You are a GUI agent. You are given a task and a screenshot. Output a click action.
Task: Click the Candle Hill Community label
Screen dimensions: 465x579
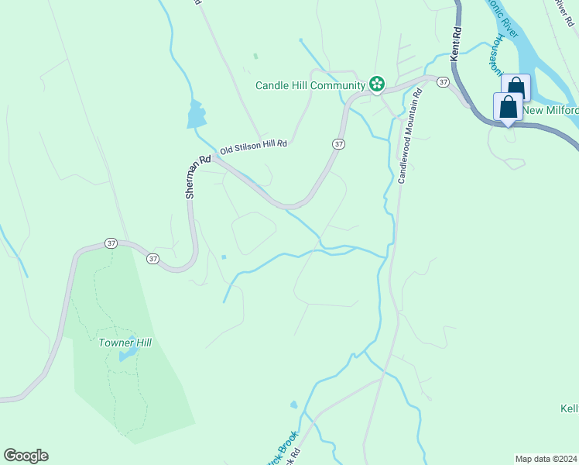pyautogui.click(x=310, y=85)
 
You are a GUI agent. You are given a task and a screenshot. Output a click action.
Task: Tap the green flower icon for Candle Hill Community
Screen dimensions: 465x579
pyautogui.click(x=377, y=84)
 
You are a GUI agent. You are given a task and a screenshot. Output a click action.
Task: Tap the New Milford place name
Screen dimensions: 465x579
pyautogui.click(x=550, y=110)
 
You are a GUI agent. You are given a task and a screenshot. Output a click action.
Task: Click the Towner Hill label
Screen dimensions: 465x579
pyautogui.click(x=124, y=343)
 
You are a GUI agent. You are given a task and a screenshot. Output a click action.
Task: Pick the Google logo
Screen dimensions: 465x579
pyautogui.click(x=26, y=456)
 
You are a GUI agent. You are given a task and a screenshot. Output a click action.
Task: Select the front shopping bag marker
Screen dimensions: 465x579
pyautogui.click(x=508, y=108)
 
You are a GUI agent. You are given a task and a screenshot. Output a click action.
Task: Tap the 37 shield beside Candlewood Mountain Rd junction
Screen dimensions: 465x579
pyautogui.click(x=443, y=81)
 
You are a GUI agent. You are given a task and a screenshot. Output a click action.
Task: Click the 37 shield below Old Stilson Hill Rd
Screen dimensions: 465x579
pyautogui.click(x=338, y=144)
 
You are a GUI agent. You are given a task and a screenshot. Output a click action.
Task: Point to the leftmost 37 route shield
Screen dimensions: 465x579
pyautogui.click(x=111, y=243)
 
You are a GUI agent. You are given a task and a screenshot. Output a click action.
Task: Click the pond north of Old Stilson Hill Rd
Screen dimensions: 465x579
pyautogui.click(x=196, y=115)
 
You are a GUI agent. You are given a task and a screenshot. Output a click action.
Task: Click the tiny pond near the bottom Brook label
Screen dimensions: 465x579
pyautogui.click(x=293, y=405)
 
